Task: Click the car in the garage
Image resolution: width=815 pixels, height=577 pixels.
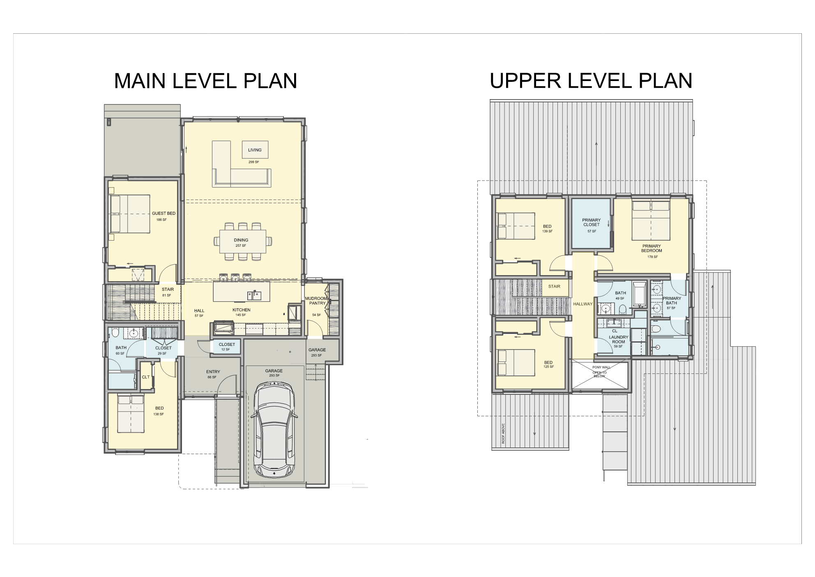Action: tap(274, 429)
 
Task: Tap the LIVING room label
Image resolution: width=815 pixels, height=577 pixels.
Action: tap(255, 150)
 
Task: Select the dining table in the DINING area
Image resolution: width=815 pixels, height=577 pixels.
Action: tap(242, 241)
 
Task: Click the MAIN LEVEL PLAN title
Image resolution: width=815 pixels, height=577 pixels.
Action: tap(205, 81)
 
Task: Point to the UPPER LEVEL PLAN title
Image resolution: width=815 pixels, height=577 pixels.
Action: tap(591, 81)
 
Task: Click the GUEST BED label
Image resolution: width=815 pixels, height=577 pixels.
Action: tap(163, 213)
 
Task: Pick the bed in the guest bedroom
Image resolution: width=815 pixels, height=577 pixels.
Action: tap(130, 214)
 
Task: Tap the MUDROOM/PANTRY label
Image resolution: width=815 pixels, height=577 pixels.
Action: tap(317, 301)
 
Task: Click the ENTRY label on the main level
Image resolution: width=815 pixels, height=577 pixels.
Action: tap(213, 372)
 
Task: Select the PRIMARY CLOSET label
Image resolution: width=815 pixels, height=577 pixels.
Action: tap(592, 222)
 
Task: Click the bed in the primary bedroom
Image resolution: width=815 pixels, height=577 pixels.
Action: tap(651, 220)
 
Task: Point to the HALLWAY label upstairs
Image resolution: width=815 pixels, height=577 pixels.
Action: tap(583, 304)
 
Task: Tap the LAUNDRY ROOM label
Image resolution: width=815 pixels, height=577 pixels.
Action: tap(619, 339)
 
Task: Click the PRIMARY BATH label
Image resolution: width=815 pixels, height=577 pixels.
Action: tap(672, 301)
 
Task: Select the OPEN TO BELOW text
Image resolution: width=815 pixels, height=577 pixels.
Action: tap(600, 374)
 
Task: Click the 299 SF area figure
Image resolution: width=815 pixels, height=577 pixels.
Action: tap(254, 162)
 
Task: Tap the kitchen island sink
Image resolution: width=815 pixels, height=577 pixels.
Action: tap(254, 295)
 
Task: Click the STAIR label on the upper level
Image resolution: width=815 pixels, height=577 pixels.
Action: tap(554, 287)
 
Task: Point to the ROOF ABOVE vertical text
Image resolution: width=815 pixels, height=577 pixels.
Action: tap(503, 433)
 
